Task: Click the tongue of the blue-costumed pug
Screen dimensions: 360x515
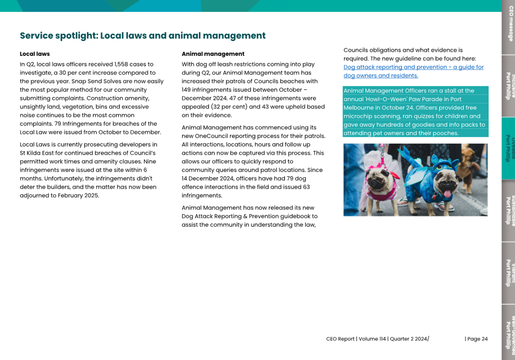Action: click(447, 193)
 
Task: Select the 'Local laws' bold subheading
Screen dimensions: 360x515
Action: click(35, 54)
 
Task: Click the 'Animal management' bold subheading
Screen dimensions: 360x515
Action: click(213, 54)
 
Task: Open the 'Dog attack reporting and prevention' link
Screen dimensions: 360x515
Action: click(413, 67)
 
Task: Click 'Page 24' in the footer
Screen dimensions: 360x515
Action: click(477, 339)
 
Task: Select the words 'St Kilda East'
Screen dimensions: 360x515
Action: click(37, 153)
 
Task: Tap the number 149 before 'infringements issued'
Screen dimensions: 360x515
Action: click(187, 90)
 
